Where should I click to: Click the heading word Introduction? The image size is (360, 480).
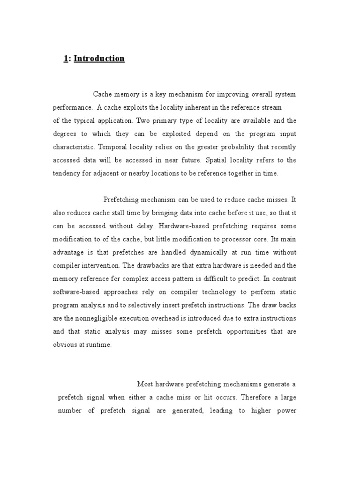coord(99,59)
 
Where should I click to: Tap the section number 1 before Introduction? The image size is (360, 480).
coord(65,59)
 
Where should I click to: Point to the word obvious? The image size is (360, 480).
coord(64,345)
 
